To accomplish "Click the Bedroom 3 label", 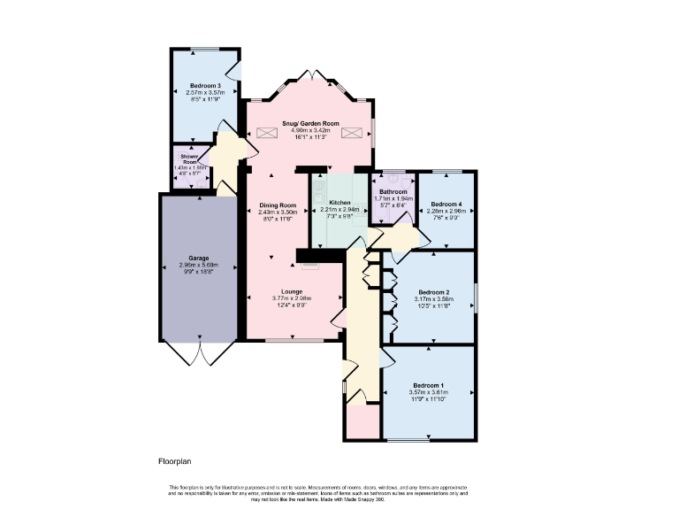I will [204, 85].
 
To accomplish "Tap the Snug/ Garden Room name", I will [310, 123].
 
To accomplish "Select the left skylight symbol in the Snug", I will [267, 134].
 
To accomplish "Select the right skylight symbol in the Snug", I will [352, 134].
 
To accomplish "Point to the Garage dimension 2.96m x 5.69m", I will [198, 265].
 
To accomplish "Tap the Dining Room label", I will [277, 205].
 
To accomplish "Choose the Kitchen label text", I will [340, 202].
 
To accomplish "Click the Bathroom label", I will [393, 191].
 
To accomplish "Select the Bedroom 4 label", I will [445, 204].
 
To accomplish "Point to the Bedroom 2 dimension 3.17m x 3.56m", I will [435, 299].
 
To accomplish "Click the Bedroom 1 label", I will [428, 384].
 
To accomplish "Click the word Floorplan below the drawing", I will [175, 461].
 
